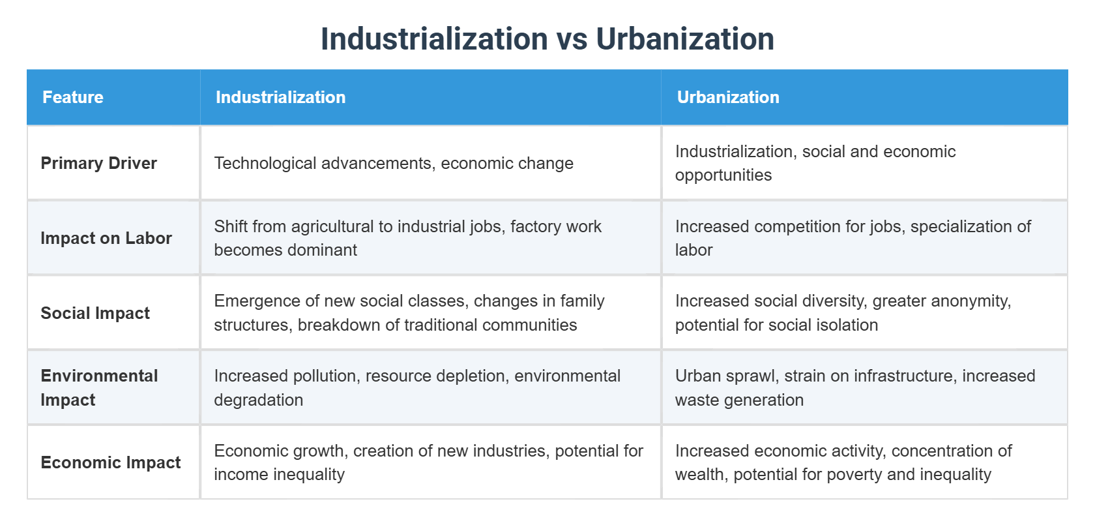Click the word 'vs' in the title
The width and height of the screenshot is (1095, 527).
pyautogui.click(x=571, y=39)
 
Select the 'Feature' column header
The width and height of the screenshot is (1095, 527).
pyautogui.click(x=73, y=97)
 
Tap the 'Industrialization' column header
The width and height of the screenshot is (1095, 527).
pyautogui.click(x=280, y=97)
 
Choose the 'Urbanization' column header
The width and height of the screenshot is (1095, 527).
pyautogui.click(x=728, y=97)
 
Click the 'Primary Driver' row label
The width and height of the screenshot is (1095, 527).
pyautogui.click(x=99, y=163)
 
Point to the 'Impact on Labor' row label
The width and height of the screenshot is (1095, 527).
pyautogui.click(x=106, y=238)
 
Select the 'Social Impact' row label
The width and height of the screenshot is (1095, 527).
pyautogui.click(x=95, y=313)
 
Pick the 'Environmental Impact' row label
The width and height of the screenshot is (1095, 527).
pyautogui.click(x=99, y=387)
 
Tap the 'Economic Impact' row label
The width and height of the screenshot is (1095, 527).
pyautogui.click(x=111, y=462)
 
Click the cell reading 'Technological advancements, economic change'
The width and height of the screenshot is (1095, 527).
pyautogui.click(x=394, y=163)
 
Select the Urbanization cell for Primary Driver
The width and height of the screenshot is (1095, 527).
pyautogui.click(x=815, y=163)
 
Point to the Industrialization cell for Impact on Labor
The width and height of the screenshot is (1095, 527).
pyautogui.click(x=407, y=238)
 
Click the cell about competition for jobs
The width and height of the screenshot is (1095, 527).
pyautogui.click(x=853, y=238)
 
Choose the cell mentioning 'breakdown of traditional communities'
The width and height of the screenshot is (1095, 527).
pyautogui.click(x=409, y=313)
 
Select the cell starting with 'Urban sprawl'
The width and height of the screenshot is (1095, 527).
pyautogui.click(x=854, y=387)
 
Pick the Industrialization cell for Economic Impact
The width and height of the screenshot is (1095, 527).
pyautogui.click(x=428, y=462)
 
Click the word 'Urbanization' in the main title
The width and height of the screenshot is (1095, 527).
pyautogui.click(x=685, y=39)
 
